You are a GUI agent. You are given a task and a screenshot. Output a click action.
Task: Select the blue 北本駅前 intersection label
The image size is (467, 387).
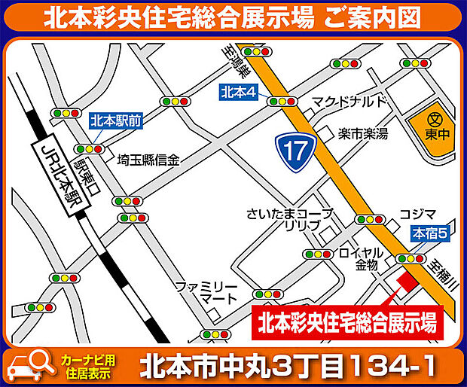tap(111, 120)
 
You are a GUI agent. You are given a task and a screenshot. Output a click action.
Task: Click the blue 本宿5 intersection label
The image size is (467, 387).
tap(430, 234)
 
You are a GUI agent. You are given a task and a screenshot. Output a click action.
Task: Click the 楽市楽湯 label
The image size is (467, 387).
tap(362, 134)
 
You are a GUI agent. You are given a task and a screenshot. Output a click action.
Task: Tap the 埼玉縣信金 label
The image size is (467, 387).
tap(148, 160)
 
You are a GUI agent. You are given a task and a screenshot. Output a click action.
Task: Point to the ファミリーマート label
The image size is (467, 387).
tap(206, 294)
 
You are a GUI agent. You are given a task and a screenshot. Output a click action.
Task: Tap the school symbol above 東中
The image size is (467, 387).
tap(434, 119)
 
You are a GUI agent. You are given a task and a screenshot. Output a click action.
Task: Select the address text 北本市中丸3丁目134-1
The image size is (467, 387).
tap(287, 366)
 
